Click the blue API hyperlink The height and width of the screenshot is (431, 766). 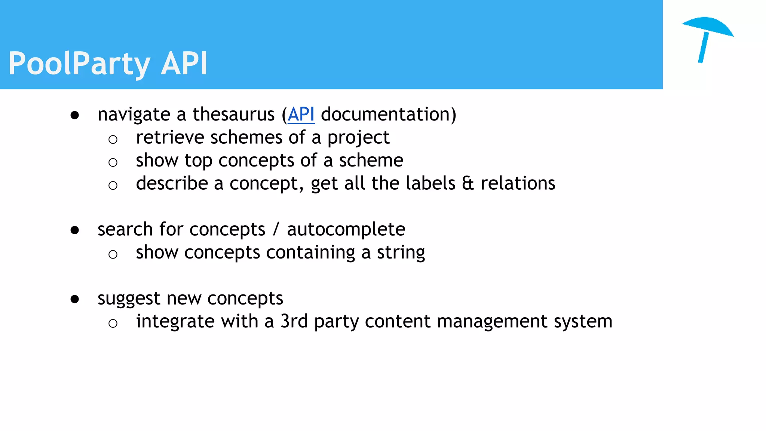click(x=301, y=114)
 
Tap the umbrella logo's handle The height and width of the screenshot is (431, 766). click(x=703, y=48)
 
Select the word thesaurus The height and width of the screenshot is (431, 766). click(x=233, y=114)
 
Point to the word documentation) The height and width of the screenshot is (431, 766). click(x=388, y=114)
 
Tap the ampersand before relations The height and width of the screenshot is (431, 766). click(x=468, y=183)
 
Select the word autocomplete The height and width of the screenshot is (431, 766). click(x=346, y=229)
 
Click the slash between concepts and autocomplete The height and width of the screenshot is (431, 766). click(x=276, y=229)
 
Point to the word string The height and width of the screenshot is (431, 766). click(x=401, y=253)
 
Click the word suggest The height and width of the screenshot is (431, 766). click(x=129, y=299)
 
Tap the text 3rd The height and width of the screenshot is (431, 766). click(x=294, y=321)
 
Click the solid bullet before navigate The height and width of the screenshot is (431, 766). click(x=75, y=115)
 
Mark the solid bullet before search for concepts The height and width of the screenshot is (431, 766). click(x=75, y=230)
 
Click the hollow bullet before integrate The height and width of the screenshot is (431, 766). click(x=113, y=323)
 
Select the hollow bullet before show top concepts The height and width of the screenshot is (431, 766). click(x=113, y=162)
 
